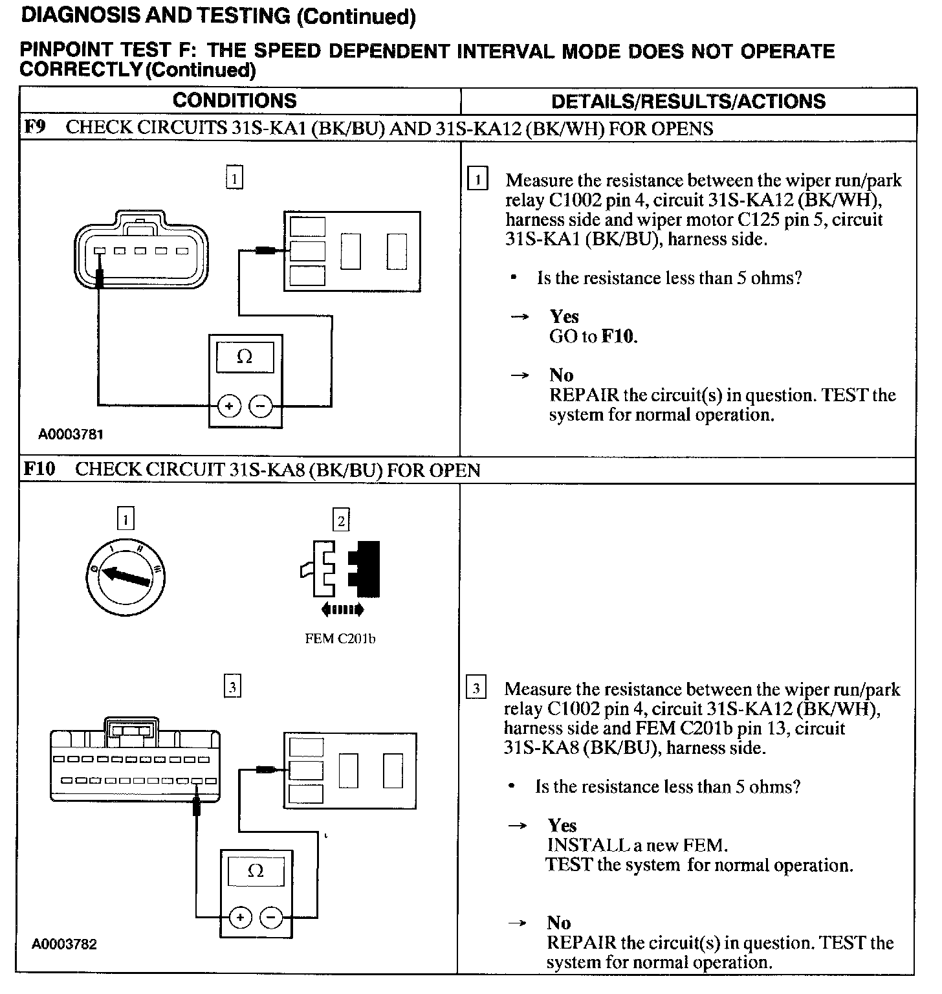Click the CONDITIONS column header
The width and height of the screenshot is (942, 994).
click(234, 101)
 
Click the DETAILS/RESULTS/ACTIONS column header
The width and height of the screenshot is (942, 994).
click(688, 102)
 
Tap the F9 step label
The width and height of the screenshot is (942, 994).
click(34, 127)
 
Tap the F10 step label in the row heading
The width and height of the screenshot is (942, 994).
click(39, 469)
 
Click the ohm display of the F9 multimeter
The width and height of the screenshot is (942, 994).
click(245, 357)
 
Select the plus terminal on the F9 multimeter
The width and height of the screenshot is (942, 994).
click(228, 406)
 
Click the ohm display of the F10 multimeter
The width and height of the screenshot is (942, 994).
click(256, 872)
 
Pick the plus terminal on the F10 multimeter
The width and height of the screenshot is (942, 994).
click(240, 917)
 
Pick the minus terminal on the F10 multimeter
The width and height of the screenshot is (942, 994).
click(271, 917)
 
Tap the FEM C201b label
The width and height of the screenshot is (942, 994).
click(340, 639)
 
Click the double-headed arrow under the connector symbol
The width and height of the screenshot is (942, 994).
click(343, 609)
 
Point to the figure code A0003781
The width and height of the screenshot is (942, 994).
click(71, 434)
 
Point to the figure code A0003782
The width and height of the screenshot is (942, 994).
click(65, 944)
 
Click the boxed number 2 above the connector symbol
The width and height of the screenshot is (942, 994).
click(341, 520)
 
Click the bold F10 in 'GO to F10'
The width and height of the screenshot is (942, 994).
click(619, 336)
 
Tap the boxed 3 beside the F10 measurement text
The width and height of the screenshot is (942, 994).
click(476, 689)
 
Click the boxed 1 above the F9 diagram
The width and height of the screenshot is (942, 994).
click(234, 177)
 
